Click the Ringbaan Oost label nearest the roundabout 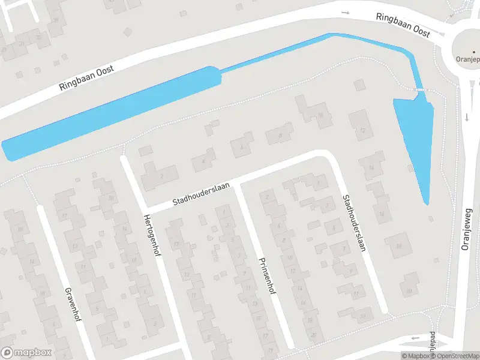point(403,25)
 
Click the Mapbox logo point(26,353)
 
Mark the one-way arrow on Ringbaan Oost point(345,13)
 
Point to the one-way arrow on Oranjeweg point(466,117)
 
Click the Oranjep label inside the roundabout point(467,59)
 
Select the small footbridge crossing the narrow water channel point(421,89)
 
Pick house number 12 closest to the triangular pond point(362,130)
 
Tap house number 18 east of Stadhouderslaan point(397,246)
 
